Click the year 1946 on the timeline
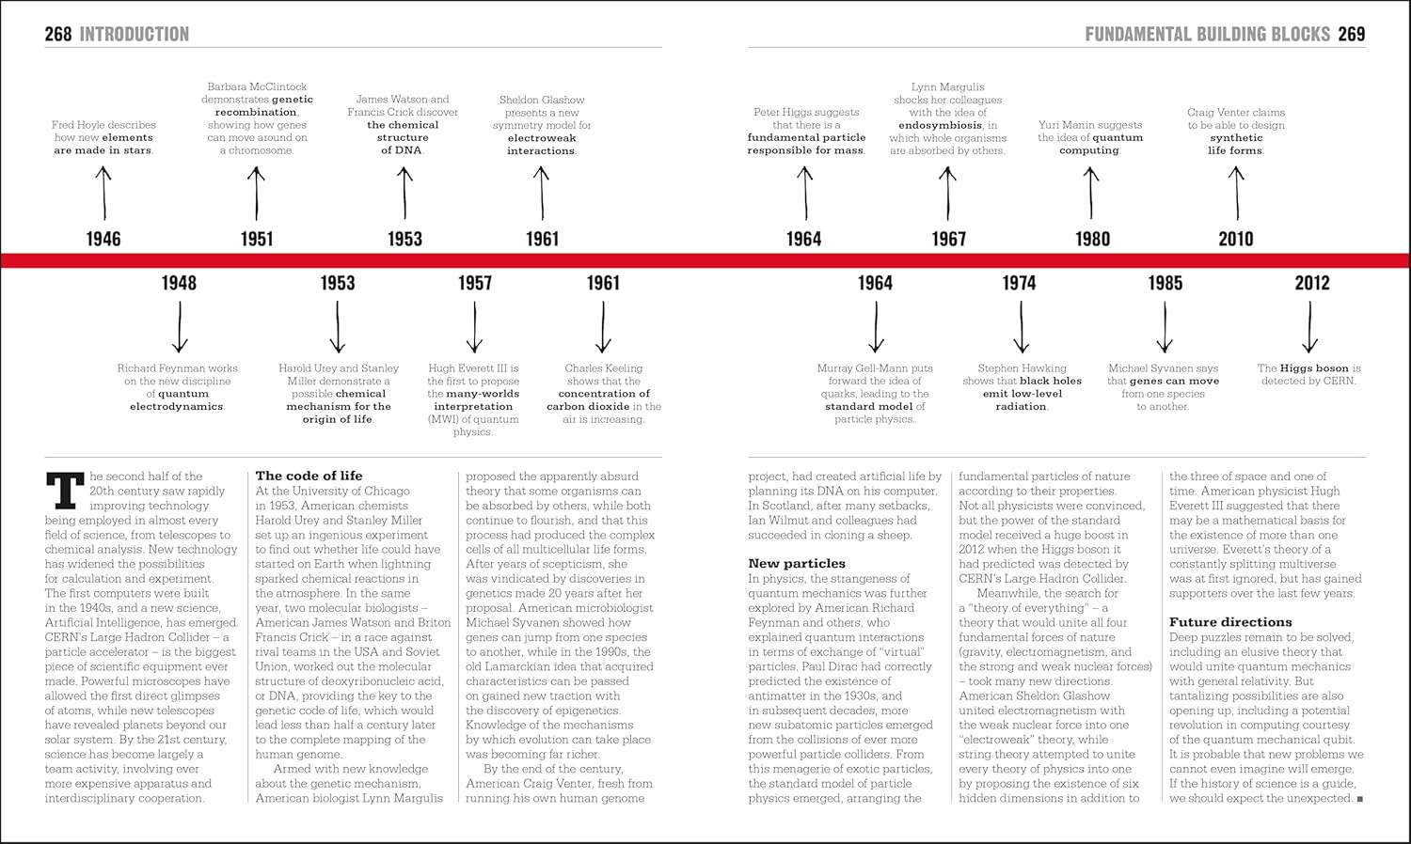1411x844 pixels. (x=103, y=239)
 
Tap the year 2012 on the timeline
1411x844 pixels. (x=1311, y=283)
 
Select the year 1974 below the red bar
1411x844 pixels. (x=1019, y=283)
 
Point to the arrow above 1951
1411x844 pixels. (x=256, y=193)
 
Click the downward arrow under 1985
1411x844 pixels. (x=1165, y=328)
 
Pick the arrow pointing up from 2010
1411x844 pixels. (x=1236, y=193)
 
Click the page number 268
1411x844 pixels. (x=58, y=35)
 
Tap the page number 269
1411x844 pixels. (x=1351, y=35)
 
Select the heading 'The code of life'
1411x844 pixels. (x=309, y=476)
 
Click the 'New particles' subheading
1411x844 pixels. (x=797, y=564)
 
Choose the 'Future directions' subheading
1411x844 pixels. (x=1230, y=622)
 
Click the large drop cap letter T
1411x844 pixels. (x=65, y=491)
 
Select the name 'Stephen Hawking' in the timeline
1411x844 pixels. (x=1022, y=368)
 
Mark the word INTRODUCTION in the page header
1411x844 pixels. (x=134, y=35)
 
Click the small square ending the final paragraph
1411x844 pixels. (x=1360, y=799)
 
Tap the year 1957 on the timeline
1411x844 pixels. (x=475, y=283)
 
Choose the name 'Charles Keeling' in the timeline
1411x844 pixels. (x=603, y=368)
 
